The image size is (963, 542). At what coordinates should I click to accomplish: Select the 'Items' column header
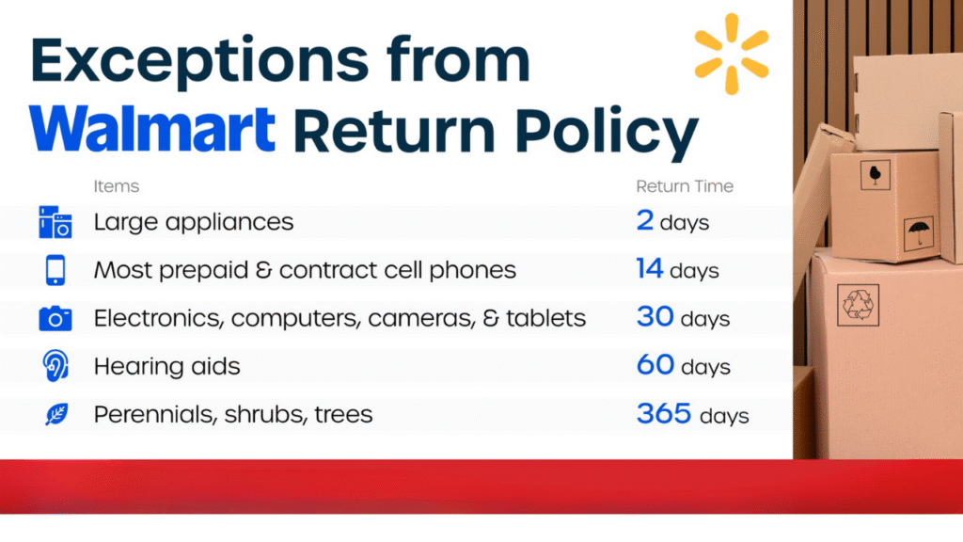click(x=116, y=186)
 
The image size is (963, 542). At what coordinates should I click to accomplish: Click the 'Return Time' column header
click(x=685, y=186)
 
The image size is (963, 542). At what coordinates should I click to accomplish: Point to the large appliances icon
click(x=55, y=223)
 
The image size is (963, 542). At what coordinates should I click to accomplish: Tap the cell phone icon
click(x=55, y=271)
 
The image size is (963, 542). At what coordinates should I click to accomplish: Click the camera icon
click(x=55, y=319)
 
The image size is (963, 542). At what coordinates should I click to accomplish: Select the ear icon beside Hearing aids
click(x=55, y=366)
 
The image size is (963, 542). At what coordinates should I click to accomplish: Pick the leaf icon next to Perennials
click(x=55, y=414)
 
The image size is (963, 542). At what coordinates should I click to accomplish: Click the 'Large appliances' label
click(x=194, y=223)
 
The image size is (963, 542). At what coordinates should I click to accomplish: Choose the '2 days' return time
click(x=672, y=222)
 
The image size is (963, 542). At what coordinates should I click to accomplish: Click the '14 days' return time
click(x=677, y=270)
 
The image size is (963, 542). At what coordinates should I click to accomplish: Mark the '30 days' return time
click(x=683, y=318)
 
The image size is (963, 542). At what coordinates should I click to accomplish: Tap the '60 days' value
click(x=683, y=365)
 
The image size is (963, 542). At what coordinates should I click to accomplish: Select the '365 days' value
click(x=692, y=413)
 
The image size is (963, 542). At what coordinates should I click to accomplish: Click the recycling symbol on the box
click(x=858, y=304)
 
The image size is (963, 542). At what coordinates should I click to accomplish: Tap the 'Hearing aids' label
click(x=166, y=366)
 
